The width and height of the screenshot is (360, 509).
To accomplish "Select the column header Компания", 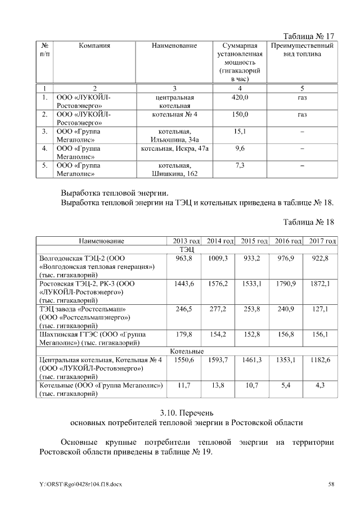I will coord(94,46).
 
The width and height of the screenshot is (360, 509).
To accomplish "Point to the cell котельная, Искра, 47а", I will coord(175,148).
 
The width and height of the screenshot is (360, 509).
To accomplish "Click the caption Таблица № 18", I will coord(309,222).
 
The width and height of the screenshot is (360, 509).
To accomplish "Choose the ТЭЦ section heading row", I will coord(187,249).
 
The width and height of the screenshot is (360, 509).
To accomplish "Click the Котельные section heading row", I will coord(187,352).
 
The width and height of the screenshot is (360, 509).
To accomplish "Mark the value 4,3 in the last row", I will coord(319,385).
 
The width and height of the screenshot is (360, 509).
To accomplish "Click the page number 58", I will coord(331,484).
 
